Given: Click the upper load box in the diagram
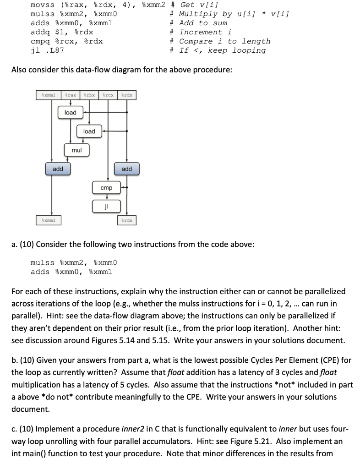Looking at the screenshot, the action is tap(70, 112).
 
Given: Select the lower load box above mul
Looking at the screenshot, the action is tap(89, 131).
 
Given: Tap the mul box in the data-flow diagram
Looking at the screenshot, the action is tap(76, 150).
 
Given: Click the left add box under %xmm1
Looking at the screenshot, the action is tap(58, 169).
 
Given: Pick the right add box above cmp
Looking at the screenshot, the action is tap(127, 169).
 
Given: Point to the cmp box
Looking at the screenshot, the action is tap(106, 188).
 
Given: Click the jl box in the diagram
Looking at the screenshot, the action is tap(106, 206).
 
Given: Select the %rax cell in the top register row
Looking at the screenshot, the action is tap(70, 95).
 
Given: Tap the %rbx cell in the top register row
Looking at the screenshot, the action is tap(89, 95).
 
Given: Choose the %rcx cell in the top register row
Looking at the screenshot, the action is tap(108, 95).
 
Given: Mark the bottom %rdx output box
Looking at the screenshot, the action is tap(127, 220).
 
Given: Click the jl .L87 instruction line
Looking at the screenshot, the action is tap(47, 50).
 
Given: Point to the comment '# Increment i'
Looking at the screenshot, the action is tap(201, 32).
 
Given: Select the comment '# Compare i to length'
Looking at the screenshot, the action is tap(220, 41).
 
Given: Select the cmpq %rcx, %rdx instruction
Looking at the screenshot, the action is tap(66, 41).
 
